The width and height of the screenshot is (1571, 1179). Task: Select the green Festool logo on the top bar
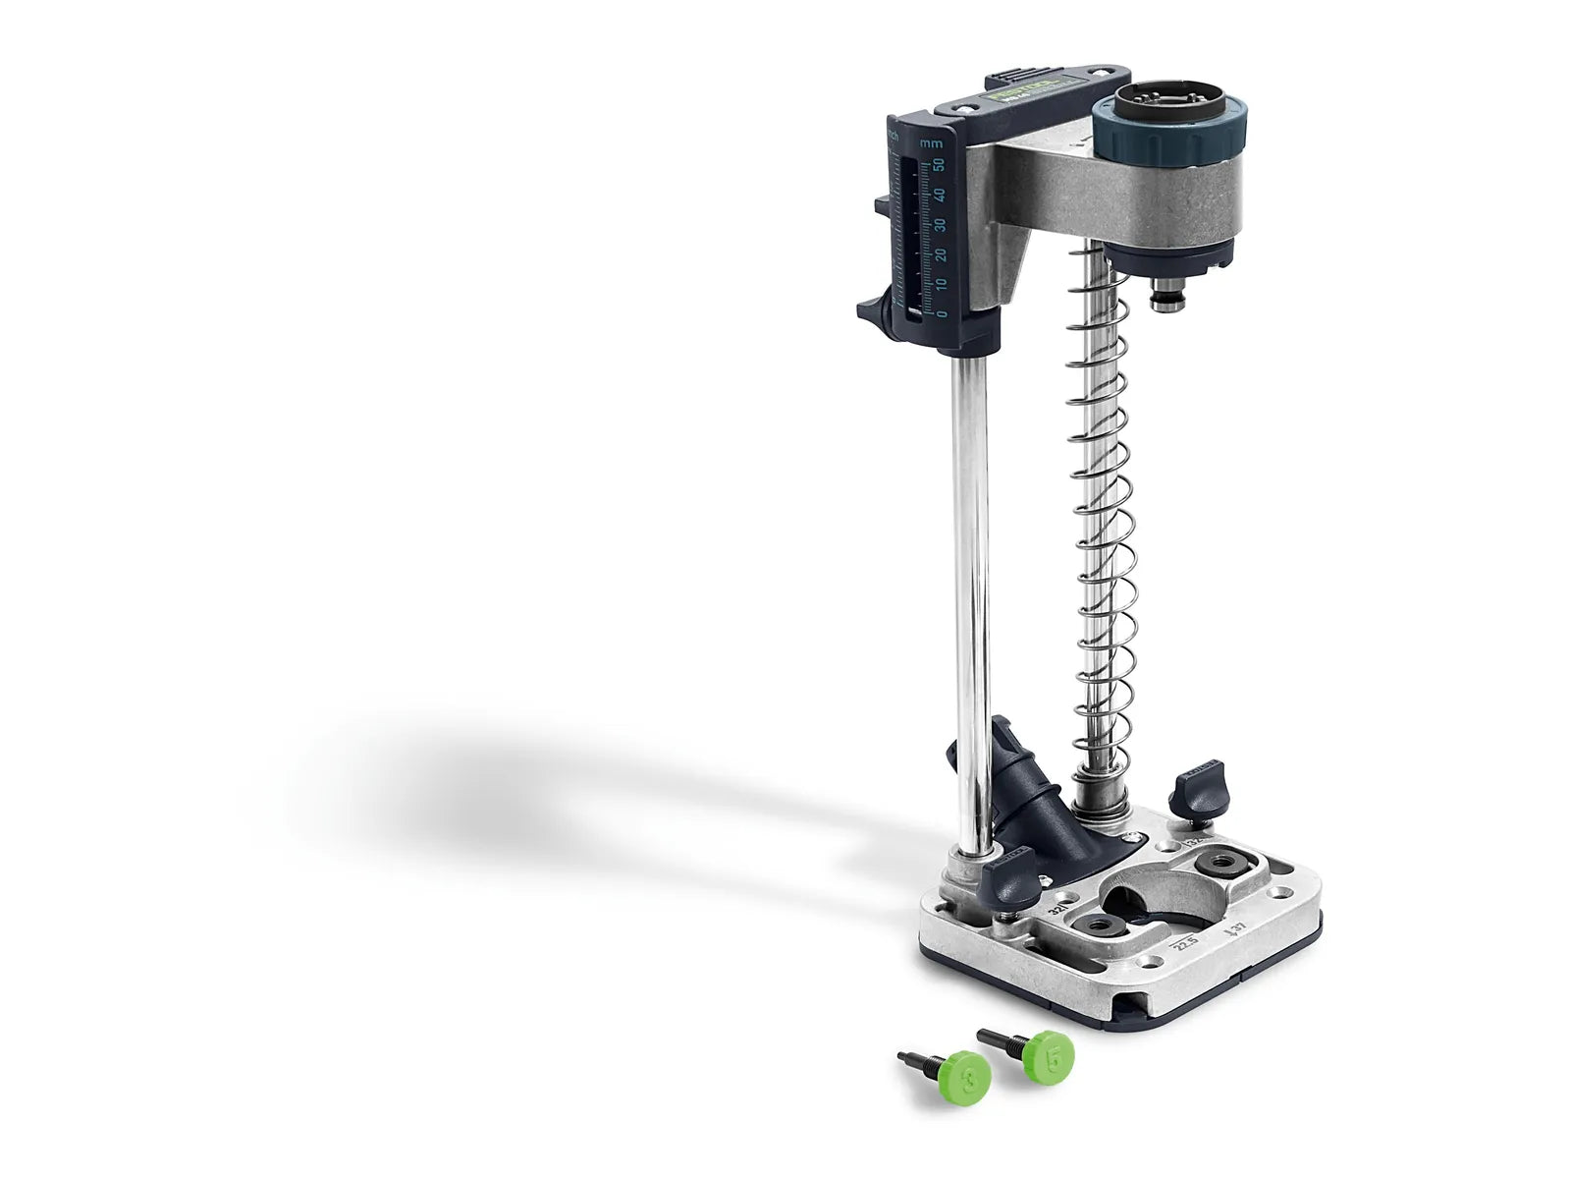pos(1023,93)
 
